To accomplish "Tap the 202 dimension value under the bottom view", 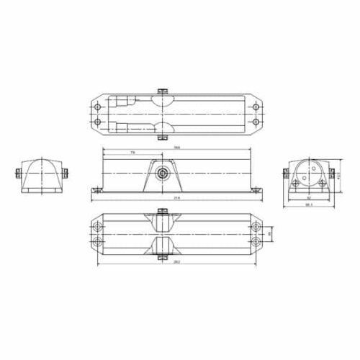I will point(176,262).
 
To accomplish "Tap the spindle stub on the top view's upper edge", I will point(163,91).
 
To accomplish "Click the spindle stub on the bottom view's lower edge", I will point(163,254).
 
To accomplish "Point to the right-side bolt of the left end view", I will point(65,173).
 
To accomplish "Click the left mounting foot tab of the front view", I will point(94,190).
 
